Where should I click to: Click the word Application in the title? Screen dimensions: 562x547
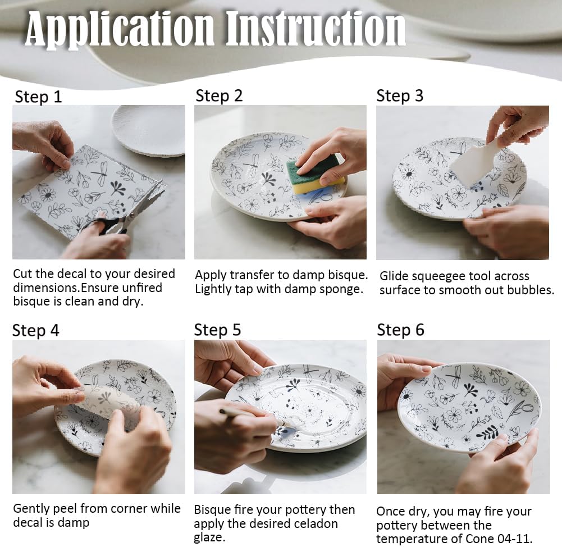coord(120,29)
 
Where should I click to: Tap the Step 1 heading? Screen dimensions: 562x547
coord(38,97)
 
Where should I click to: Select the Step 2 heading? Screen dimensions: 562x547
coord(219,95)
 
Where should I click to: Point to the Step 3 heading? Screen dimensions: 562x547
coord(400,95)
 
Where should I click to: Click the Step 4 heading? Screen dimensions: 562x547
coord(35,330)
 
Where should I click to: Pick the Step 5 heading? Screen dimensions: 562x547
coord(218,330)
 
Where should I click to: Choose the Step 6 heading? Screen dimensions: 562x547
coord(400,330)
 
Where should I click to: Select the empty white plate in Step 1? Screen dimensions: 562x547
coord(148,130)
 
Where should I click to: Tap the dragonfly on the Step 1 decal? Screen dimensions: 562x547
coord(101,172)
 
